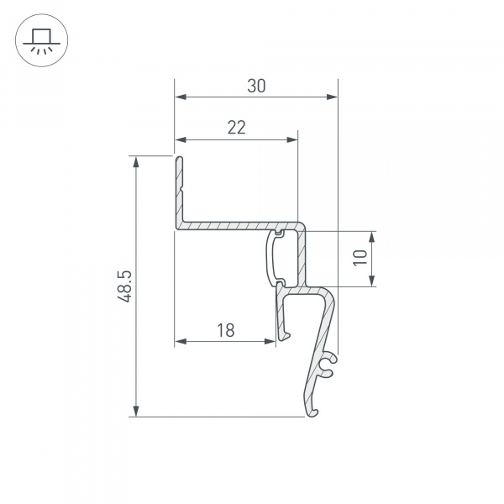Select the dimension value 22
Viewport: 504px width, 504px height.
[237, 128]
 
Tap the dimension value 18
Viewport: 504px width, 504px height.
[225, 330]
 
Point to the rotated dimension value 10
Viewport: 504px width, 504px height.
[360, 258]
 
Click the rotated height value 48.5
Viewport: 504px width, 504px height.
[124, 287]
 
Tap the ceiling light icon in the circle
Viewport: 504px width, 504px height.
[41, 41]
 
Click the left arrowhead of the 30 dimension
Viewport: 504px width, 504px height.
[180, 97]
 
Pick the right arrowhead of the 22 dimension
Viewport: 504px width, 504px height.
[292, 139]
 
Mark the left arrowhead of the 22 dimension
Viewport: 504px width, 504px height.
[180, 139]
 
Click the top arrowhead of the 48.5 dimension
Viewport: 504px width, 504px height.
[136, 161]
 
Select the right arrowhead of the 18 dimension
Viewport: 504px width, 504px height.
[271, 342]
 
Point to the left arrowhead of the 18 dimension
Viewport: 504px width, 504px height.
[180, 342]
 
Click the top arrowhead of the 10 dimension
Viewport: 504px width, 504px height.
[372, 236]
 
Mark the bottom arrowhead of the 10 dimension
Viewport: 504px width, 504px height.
[372, 281]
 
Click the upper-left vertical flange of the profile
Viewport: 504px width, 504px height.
[178, 189]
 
